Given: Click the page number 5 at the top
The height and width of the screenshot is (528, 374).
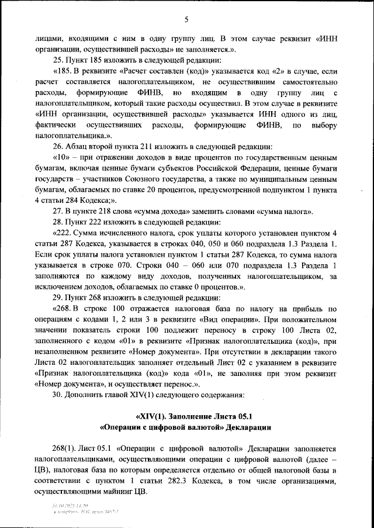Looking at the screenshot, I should [186, 19].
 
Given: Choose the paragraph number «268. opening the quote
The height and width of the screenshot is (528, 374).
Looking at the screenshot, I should [62, 309].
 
